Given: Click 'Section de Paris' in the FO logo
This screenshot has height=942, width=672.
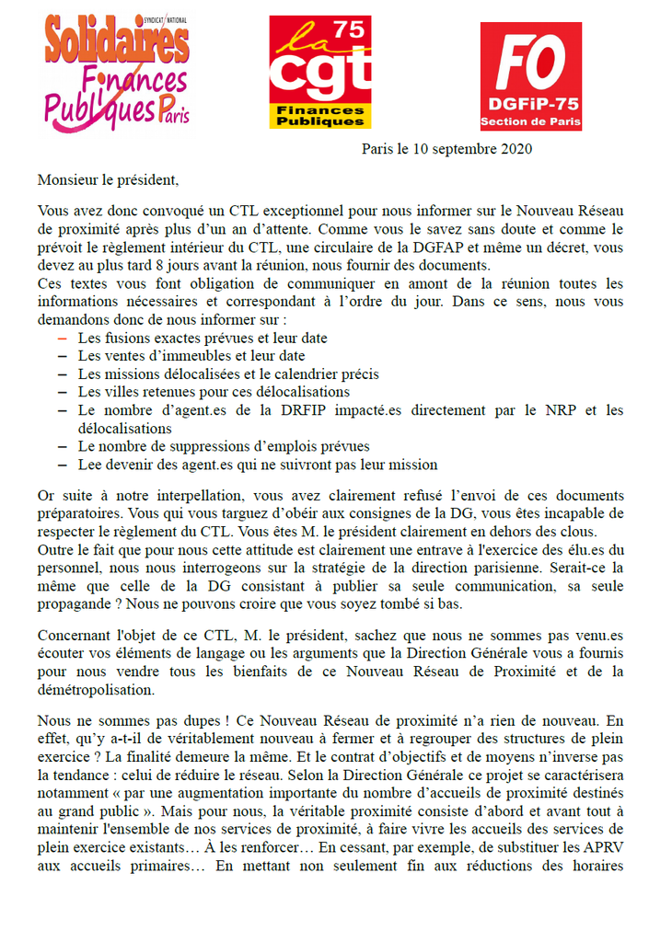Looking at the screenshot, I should [x=530, y=123].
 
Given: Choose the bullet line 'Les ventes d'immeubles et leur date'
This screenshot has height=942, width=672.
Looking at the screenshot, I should [x=191, y=356].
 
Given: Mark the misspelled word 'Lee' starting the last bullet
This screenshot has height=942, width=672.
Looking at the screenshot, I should [x=89, y=465].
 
